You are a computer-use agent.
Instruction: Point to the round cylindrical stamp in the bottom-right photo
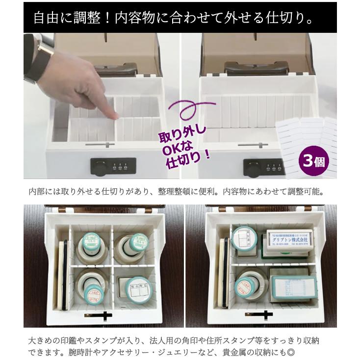(248, 287)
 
